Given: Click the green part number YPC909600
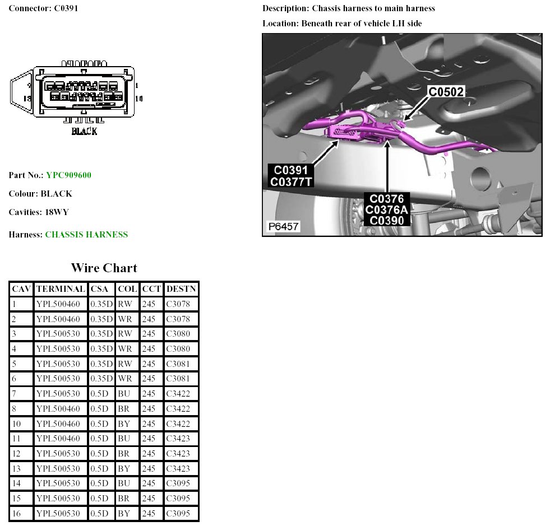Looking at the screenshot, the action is tap(68, 175).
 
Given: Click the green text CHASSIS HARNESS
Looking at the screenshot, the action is tap(86, 235).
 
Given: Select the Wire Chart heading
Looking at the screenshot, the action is tap(104, 268).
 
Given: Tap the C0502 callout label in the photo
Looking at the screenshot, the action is tap(446, 92).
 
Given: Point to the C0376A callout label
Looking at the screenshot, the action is tap(387, 210).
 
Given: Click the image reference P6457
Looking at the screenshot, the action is tap(283, 227).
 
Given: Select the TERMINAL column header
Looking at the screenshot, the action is tap(60, 289).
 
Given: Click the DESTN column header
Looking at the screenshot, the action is tap(181, 289).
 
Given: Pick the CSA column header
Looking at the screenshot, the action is tap(101, 289).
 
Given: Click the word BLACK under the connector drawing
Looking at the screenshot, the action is tap(84, 131).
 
